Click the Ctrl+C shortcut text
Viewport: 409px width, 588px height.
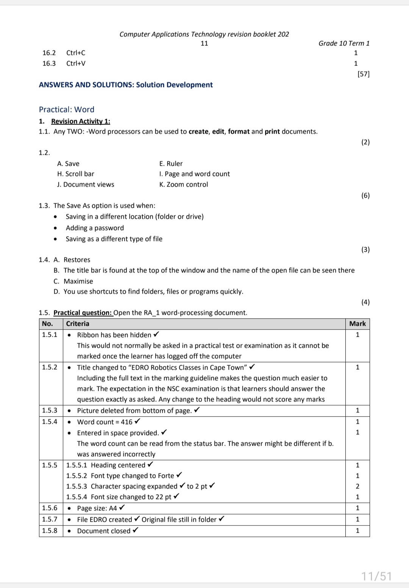click(x=76, y=53)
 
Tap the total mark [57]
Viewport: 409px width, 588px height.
click(x=363, y=74)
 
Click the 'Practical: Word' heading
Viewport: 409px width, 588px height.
click(x=67, y=110)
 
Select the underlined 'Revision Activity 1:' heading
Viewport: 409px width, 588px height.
click(x=81, y=121)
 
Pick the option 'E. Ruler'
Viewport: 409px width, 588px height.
click(x=171, y=164)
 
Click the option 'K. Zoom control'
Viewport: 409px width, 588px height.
click(x=184, y=185)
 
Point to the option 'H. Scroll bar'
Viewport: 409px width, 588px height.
click(x=76, y=174)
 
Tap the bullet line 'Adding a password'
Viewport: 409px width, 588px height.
click(x=95, y=228)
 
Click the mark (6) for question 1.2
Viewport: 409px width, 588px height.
click(x=365, y=196)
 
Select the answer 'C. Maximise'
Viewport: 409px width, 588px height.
click(x=73, y=282)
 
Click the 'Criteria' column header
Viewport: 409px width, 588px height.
click(x=78, y=324)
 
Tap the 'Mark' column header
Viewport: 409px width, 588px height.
click(x=357, y=324)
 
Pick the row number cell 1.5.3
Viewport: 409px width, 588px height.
click(x=50, y=411)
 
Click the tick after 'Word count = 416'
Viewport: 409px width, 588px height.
click(x=137, y=422)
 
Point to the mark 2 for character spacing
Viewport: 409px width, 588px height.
click(x=357, y=487)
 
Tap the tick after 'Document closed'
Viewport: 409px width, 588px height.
click(x=136, y=530)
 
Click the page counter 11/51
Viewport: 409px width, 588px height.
click(x=376, y=576)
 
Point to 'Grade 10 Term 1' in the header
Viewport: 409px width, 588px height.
click(x=344, y=44)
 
